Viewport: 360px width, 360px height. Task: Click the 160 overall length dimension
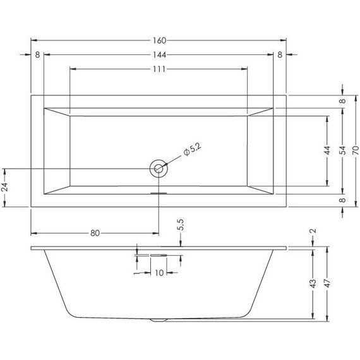[x=158, y=40]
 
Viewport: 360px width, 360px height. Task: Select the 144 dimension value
[x=158, y=54]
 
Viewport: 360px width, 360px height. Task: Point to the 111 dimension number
[x=158, y=69]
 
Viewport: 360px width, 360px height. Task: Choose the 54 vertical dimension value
[x=342, y=152]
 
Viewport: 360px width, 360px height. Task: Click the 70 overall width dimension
[x=356, y=152]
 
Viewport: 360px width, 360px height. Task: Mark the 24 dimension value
[x=6, y=188]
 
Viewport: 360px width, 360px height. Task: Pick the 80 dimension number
[x=95, y=233]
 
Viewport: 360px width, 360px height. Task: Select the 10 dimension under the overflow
[x=160, y=273]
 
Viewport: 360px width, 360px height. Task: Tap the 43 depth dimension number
[x=313, y=284]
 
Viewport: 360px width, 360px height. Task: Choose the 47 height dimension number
[x=327, y=284]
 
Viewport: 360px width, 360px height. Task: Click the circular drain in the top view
[x=159, y=169]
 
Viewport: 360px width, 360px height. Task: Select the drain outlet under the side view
[x=159, y=320]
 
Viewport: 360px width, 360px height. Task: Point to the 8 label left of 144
[x=38, y=54]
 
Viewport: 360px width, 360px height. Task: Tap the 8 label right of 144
[x=280, y=54]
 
